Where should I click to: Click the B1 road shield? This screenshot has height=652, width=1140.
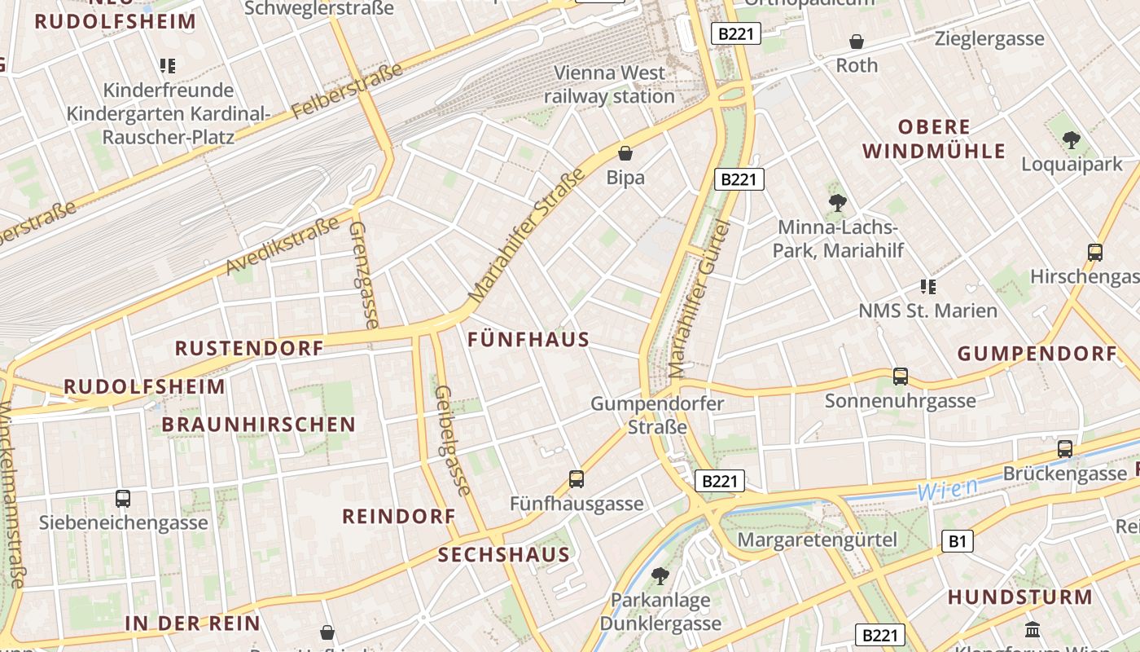click(958, 540)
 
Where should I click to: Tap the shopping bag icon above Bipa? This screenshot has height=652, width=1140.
click(625, 153)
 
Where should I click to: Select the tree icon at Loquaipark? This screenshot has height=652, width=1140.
click(1072, 140)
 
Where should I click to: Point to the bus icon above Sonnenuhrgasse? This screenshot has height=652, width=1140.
click(901, 377)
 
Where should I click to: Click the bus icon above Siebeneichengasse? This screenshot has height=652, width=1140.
click(123, 498)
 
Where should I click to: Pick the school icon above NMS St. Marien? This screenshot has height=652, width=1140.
click(927, 286)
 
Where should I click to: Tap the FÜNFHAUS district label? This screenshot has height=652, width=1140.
click(528, 340)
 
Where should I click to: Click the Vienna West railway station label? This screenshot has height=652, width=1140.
click(609, 85)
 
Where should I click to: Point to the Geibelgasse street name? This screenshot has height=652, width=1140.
click(453, 440)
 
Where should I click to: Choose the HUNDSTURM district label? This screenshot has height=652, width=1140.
click(1019, 597)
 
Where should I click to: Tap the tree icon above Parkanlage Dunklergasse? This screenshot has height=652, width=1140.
click(660, 576)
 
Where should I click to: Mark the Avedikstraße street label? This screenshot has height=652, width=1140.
click(283, 245)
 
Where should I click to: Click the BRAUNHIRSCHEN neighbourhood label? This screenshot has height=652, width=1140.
click(258, 425)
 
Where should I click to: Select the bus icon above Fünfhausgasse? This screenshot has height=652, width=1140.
click(577, 479)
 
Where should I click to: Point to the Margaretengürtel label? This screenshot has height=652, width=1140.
click(817, 540)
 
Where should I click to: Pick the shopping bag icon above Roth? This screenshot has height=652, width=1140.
click(857, 42)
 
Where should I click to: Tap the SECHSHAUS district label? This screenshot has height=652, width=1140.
click(503, 555)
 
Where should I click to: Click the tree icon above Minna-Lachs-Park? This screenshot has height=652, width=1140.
click(837, 203)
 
